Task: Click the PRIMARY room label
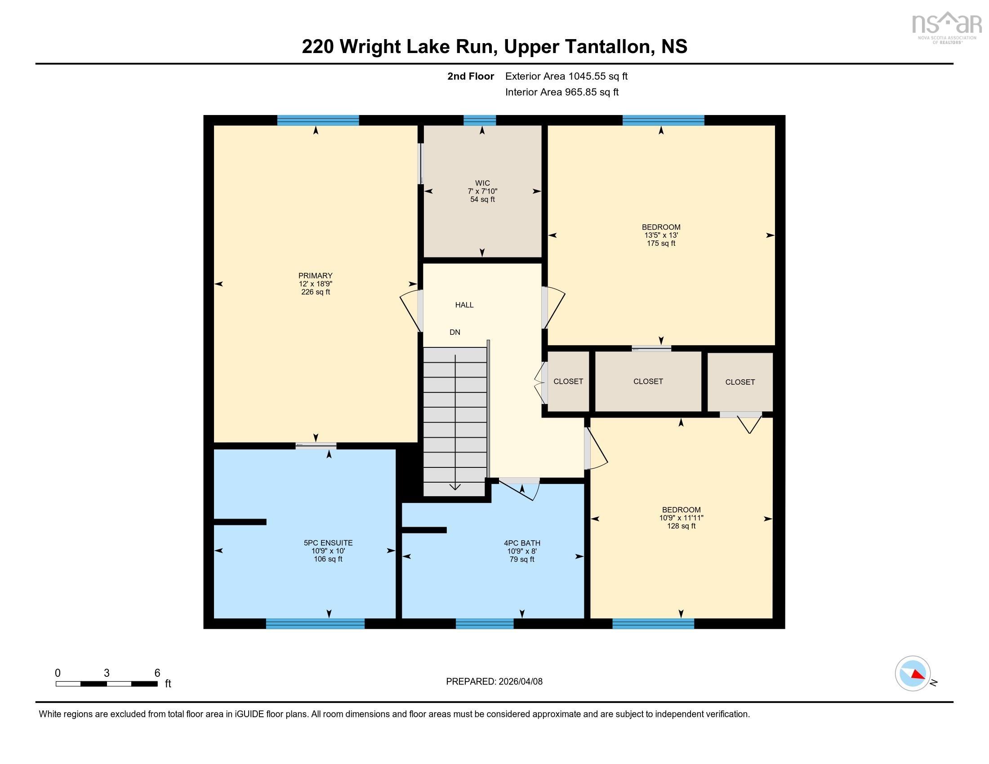click(x=315, y=275)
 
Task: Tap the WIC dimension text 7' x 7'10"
click(x=482, y=191)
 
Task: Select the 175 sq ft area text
click(x=661, y=243)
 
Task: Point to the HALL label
click(x=464, y=305)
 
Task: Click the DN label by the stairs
click(x=454, y=332)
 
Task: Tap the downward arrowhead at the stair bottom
click(x=455, y=487)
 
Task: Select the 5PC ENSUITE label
click(x=328, y=543)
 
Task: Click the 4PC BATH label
click(x=521, y=543)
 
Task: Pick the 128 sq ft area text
click(x=681, y=526)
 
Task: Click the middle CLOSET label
click(x=647, y=382)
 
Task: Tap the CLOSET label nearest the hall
click(x=568, y=382)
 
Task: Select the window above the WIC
click(x=480, y=120)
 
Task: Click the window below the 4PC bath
click(x=484, y=624)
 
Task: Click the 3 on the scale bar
click(x=107, y=673)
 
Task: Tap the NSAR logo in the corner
click(x=945, y=26)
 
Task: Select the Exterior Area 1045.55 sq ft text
click(x=566, y=76)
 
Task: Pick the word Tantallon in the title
click(x=606, y=47)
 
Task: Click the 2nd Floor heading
click(x=470, y=76)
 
